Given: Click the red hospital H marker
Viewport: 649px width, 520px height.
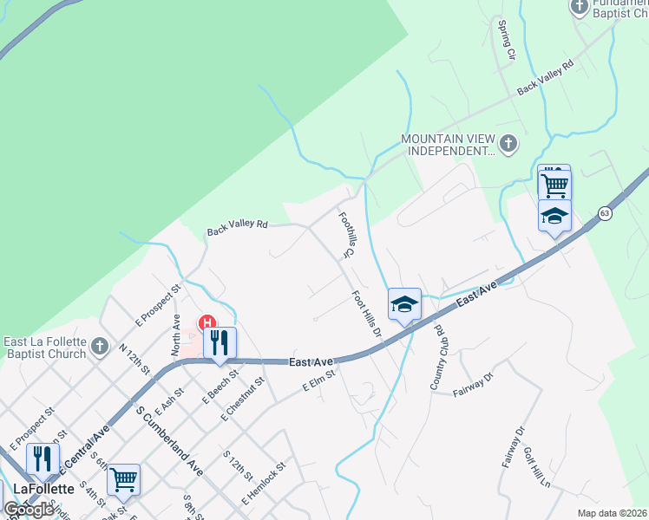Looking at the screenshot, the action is tap(208, 322).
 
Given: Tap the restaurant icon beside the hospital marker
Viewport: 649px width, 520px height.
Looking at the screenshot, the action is tap(220, 341).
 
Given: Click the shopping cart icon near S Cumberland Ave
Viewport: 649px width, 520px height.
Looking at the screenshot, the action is tap(123, 478).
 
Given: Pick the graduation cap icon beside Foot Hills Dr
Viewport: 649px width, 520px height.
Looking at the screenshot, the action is tap(404, 304).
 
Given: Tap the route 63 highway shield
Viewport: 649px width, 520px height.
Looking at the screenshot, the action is tap(605, 213).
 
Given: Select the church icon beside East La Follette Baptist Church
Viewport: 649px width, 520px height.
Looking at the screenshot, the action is tap(99, 347).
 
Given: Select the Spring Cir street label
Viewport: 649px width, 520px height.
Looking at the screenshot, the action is tap(506, 42).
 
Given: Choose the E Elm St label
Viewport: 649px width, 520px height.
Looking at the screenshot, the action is tap(318, 382).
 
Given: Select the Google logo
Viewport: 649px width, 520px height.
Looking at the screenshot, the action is tap(29, 510).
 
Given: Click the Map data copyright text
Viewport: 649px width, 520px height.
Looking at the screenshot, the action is tap(613, 513).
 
